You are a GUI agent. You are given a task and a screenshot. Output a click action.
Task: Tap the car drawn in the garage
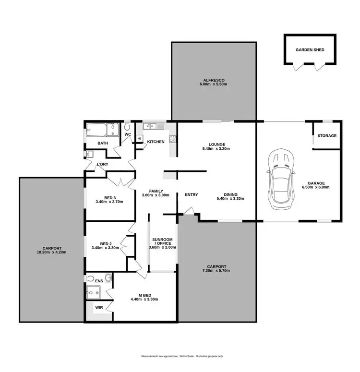pyautogui.click(x=281, y=179)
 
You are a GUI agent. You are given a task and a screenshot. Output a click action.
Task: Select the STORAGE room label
pyautogui.click(x=327, y=136)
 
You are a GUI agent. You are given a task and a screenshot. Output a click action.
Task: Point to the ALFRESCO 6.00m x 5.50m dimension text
pyautogui.click(x=213, y=84)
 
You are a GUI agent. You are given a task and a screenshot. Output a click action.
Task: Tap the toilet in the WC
pyautogui.click(x=128, y=127)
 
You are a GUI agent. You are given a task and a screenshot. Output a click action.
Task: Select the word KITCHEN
pyautogui.click(x=156, y=142)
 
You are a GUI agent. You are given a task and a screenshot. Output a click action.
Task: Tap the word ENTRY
pyautogui.click(x=191, y=194)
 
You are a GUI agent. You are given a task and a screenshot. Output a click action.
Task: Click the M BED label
pyautogui.click(x=144, y=299)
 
